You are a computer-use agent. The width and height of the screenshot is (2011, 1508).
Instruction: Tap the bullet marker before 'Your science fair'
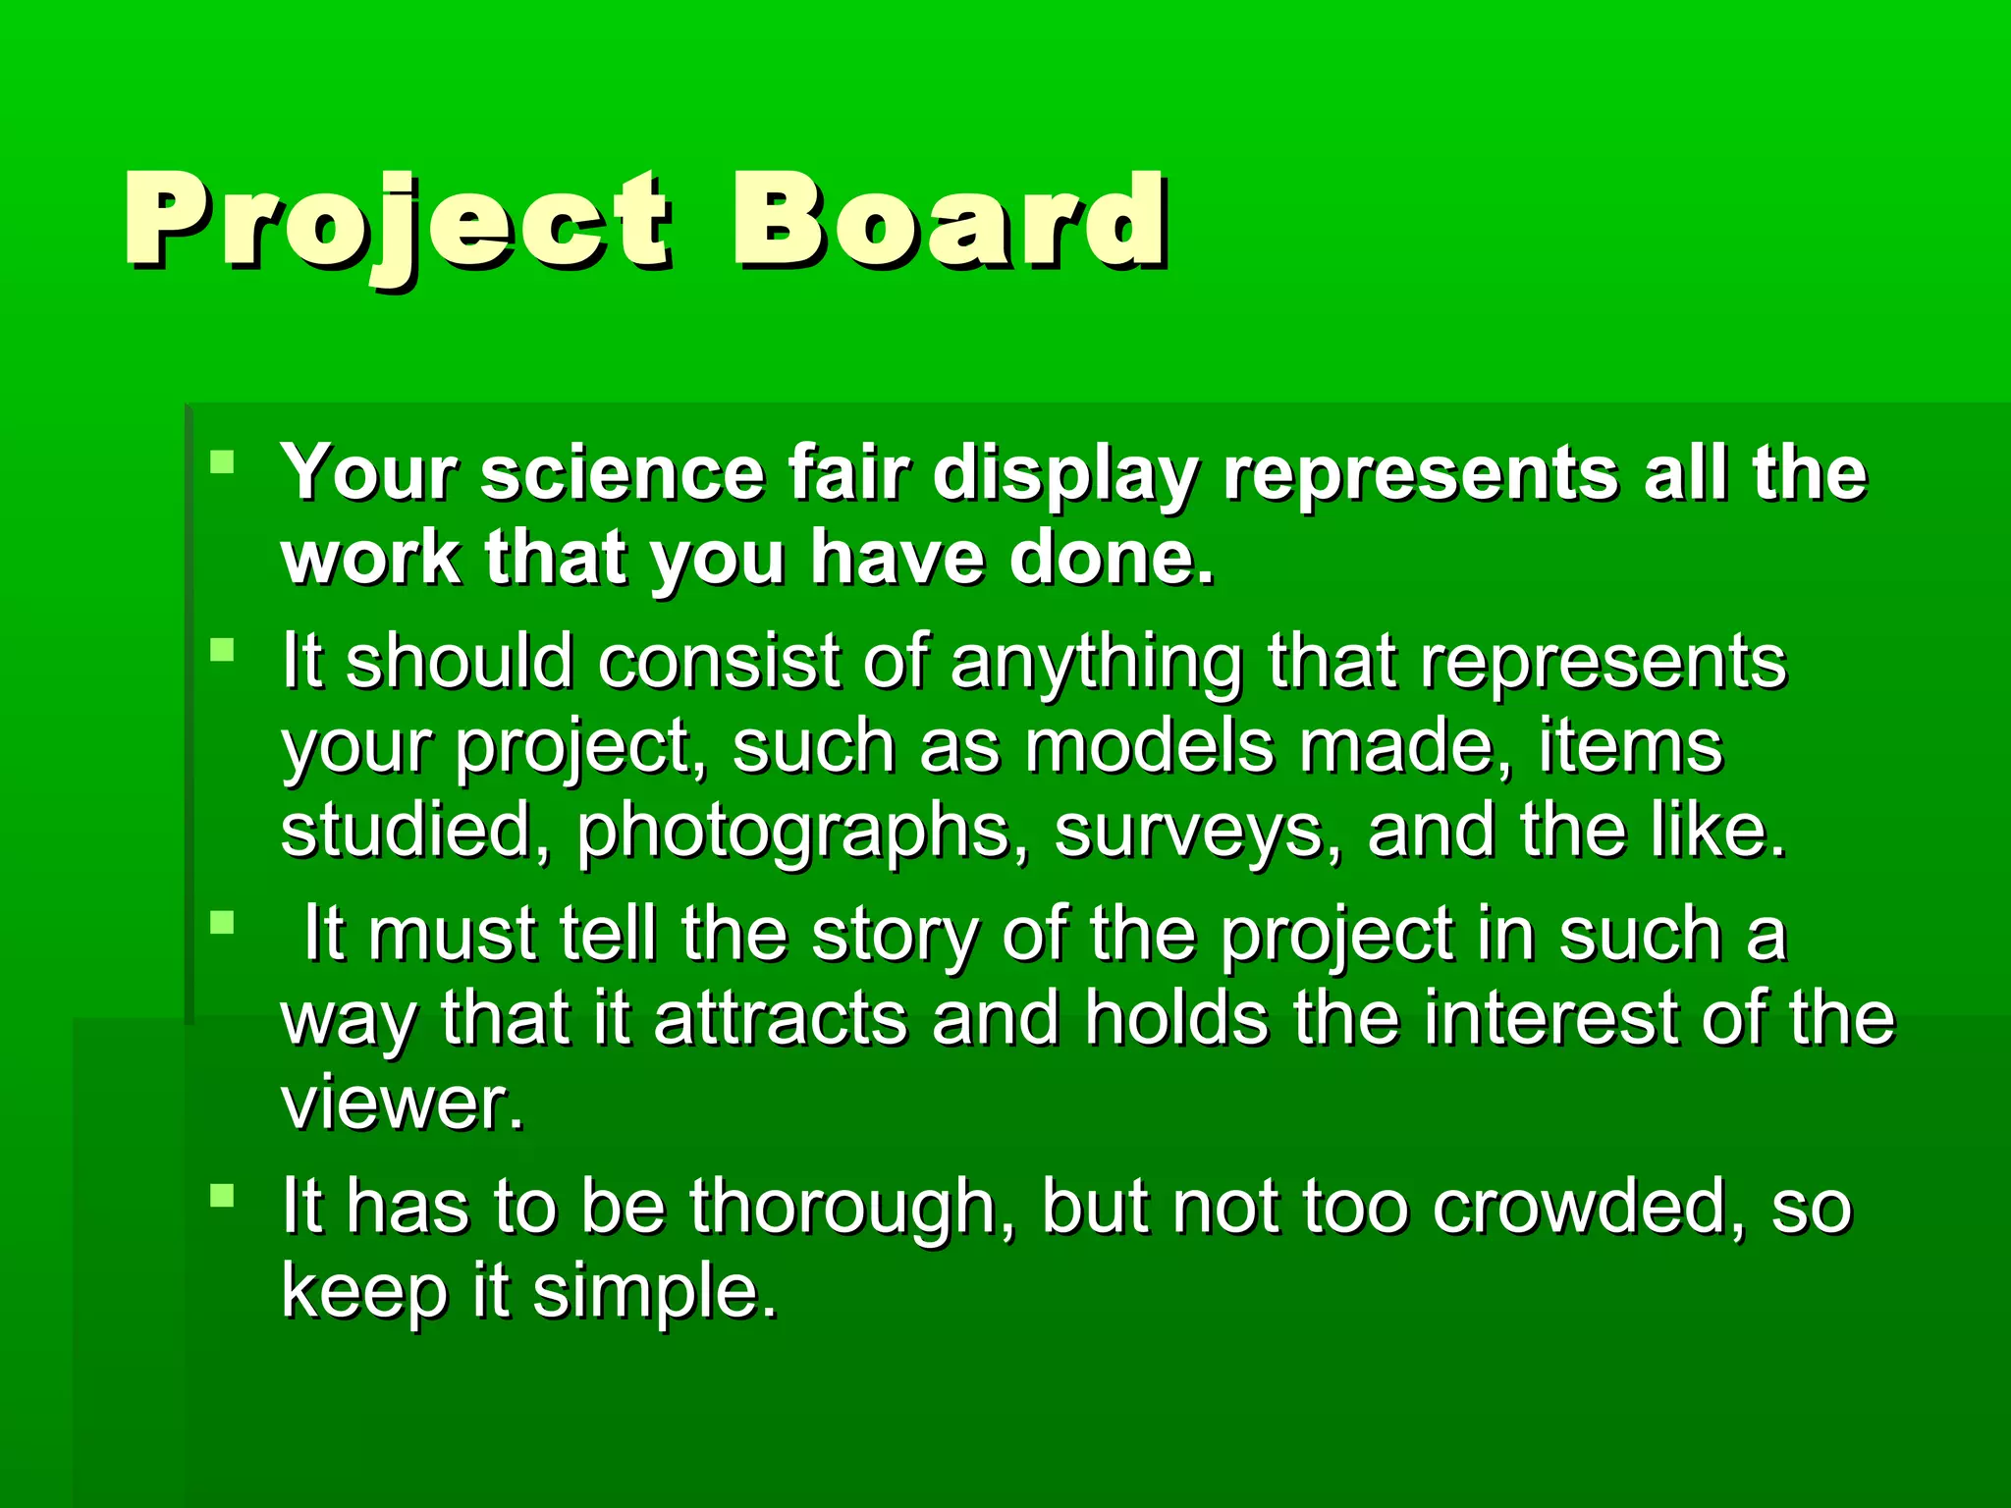[x=223, y=462]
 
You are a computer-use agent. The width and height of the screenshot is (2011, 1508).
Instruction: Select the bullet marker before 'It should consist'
[x=223, y=650]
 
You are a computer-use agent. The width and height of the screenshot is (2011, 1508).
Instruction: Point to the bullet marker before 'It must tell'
[x=223, y=922]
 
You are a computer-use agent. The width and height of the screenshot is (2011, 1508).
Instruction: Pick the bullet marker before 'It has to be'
[x=223, y=1195]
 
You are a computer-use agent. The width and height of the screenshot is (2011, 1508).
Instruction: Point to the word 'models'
[x=1150, y=746]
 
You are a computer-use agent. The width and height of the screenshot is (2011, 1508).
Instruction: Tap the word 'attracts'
[x=781, y=1018]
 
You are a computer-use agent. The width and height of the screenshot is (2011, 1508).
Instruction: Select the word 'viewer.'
[x=403, y=1103]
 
